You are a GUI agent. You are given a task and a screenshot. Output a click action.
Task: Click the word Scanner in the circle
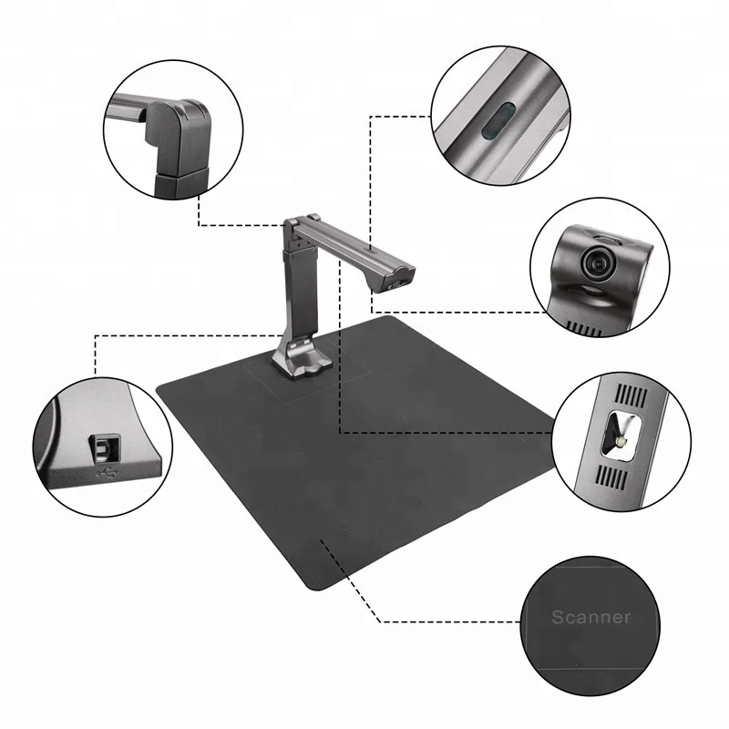(590, 617)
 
